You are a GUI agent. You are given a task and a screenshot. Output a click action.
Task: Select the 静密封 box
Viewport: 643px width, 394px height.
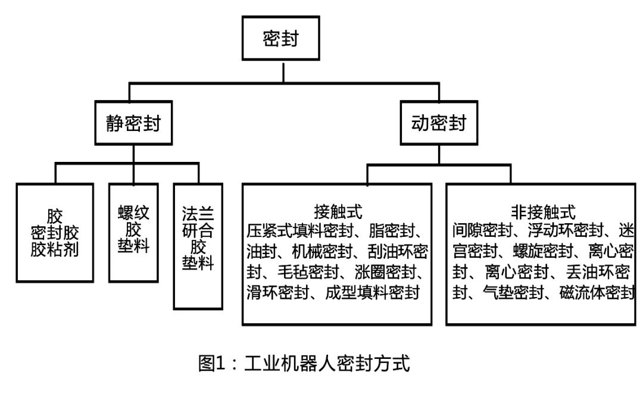(132, 124)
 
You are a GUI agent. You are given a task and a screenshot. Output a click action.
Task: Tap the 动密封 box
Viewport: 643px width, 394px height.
(439, 124)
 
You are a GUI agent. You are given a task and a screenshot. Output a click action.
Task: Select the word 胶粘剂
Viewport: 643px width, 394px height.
(55, 248)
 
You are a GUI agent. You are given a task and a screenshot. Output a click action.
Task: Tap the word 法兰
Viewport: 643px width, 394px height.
(198, 213)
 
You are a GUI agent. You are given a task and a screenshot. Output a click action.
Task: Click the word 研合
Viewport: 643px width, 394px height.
(198, 230)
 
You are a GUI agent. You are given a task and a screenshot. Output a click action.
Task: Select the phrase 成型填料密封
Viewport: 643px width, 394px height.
(373, 293)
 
